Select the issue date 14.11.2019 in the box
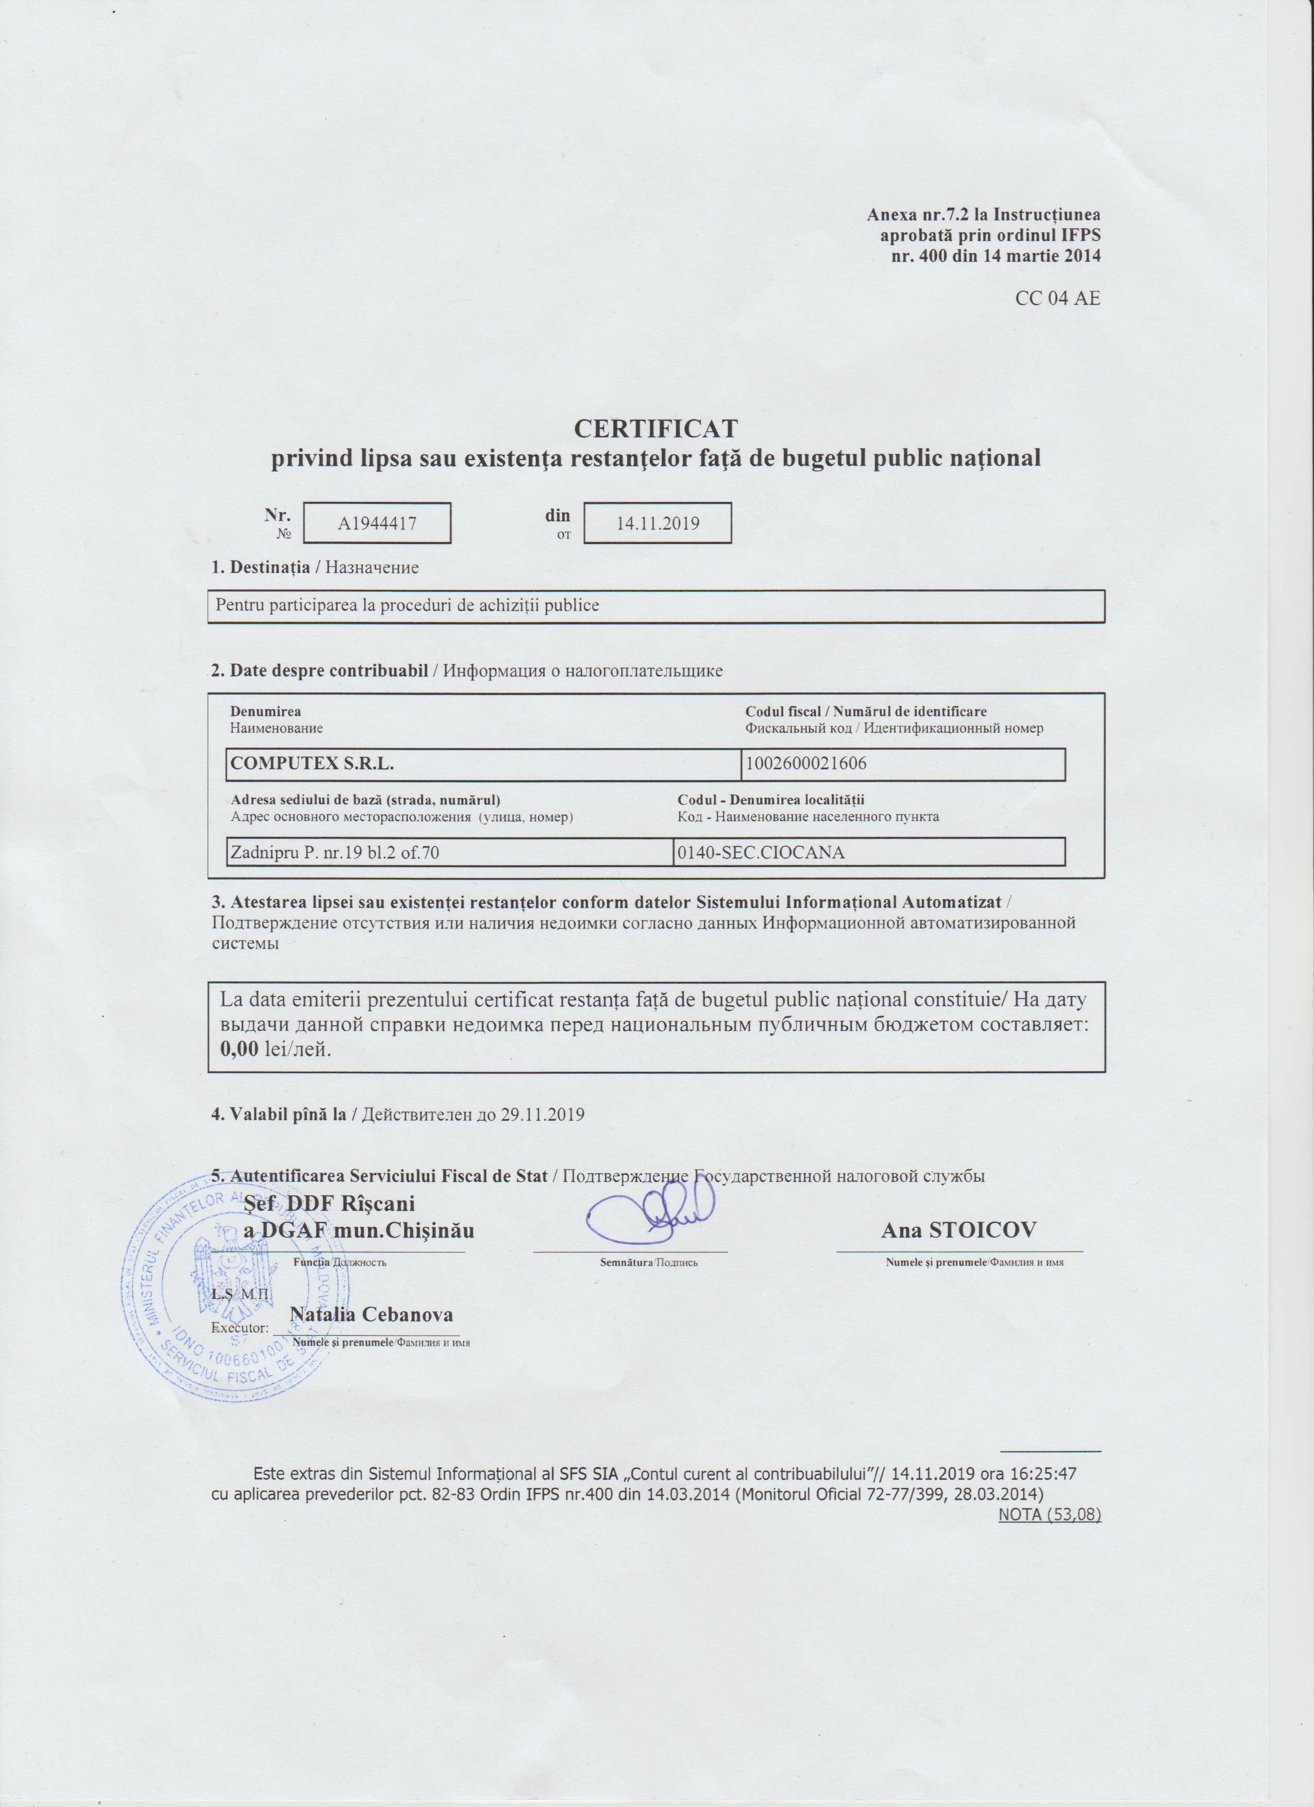coord(658,523)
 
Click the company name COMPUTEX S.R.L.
coord(312,763)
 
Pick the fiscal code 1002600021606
coord(805,763)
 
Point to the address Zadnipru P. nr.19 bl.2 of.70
coord(334,853)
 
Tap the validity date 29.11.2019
coord(542,1114)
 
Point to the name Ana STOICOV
coord(958,1230)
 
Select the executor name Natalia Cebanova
coord(372,1314)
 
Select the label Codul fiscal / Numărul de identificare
coord(865,712)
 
